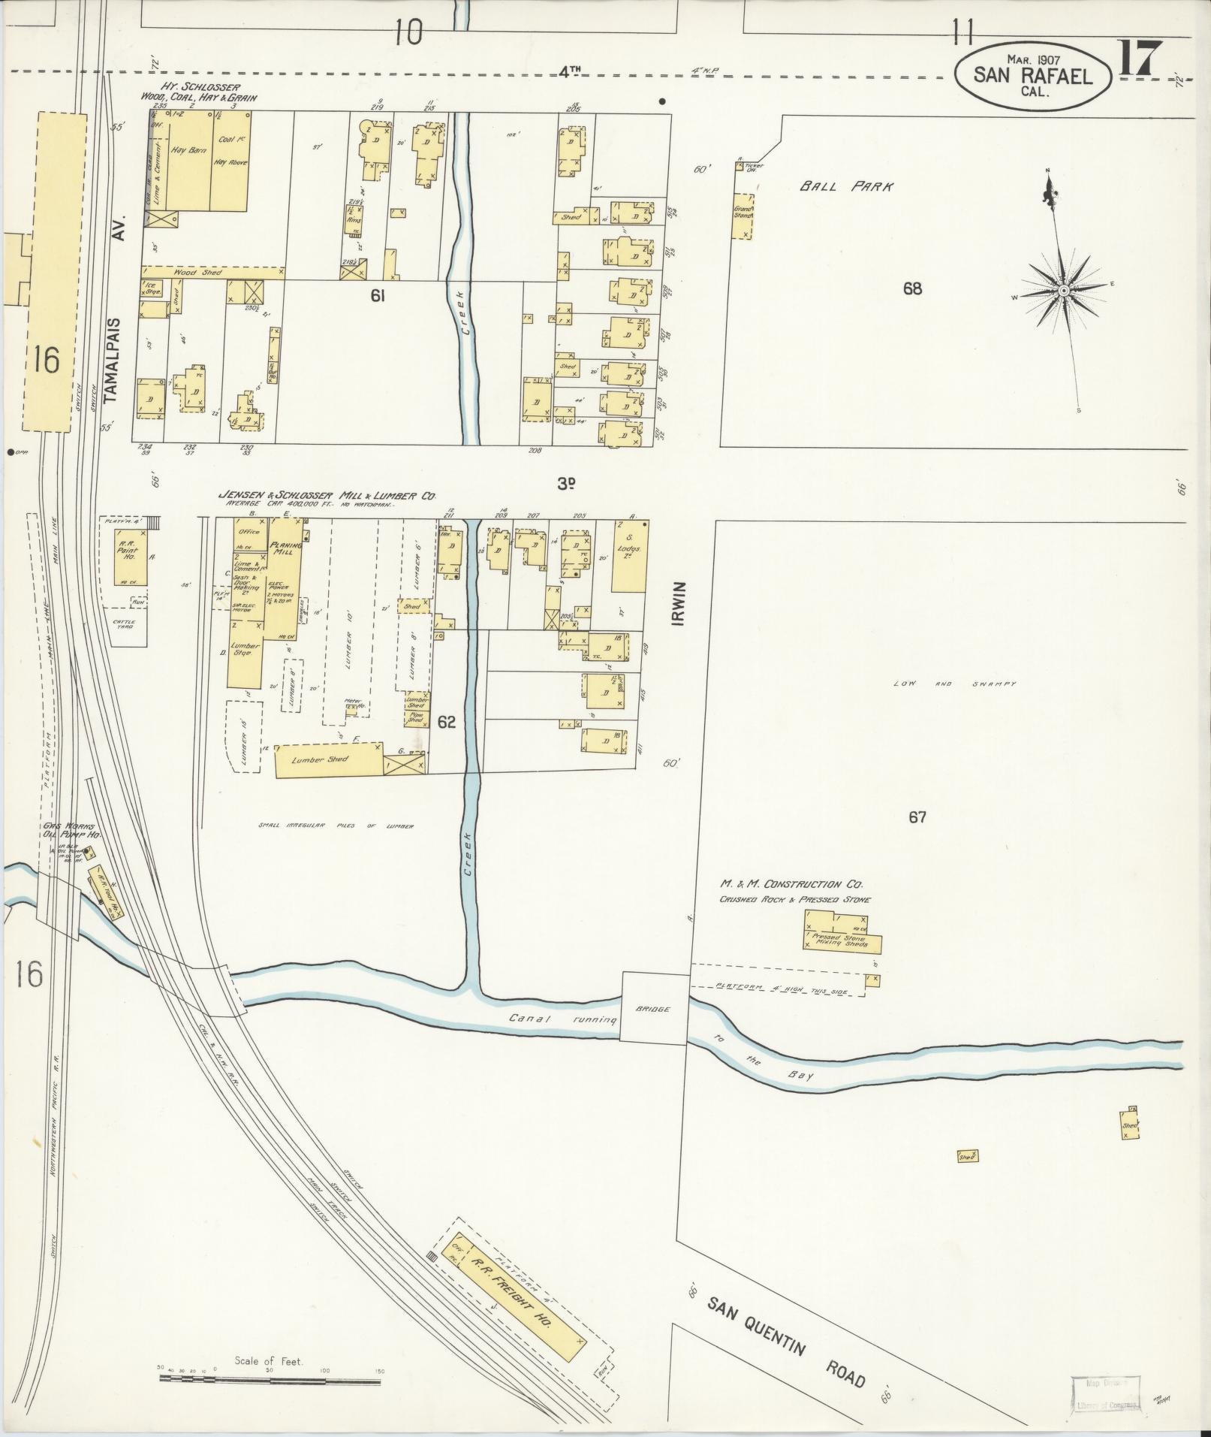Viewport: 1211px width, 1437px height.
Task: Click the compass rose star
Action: click(1063, 290)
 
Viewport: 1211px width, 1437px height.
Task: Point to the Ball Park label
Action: click(846, 186)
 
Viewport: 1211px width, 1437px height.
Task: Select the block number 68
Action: click(912, 288)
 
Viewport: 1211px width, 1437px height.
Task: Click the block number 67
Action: click(917, 817)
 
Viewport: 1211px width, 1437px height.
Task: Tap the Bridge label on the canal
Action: click(652, 1009)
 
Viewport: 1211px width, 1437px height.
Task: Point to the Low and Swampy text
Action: click(954, 684)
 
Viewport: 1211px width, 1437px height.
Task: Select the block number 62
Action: click(447, 722)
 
